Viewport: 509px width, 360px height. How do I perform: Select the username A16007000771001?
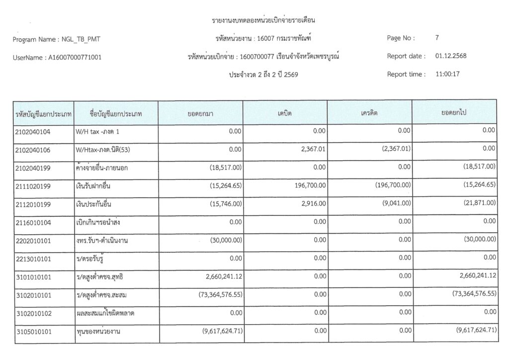click(75, 57)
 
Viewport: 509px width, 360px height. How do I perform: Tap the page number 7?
click(437, 38)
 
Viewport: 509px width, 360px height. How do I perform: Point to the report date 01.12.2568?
click(450, 56)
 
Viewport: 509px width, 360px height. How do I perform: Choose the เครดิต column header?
click(369, 113)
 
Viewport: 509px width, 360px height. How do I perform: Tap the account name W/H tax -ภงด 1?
click(98, 132)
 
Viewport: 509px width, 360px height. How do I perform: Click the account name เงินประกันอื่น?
click(94, 204)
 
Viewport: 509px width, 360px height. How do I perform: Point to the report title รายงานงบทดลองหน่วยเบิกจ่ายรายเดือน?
click(264, 20)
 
